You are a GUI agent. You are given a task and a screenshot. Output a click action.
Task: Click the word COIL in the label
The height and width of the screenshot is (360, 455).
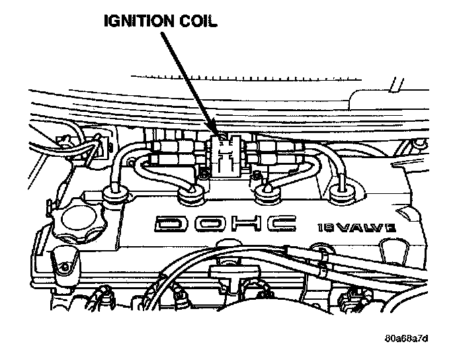pyautogui.click(x=194, y=22)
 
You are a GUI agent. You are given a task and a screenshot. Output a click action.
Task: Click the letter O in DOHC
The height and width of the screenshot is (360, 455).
pyautogui.click(x=209, y=224)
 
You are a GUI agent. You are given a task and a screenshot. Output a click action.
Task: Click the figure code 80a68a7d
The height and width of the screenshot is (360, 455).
pyautogui.click(x=407, y=339)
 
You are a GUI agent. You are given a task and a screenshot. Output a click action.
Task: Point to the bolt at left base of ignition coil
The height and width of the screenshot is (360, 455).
pyautogui.click(x=202, y=173)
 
